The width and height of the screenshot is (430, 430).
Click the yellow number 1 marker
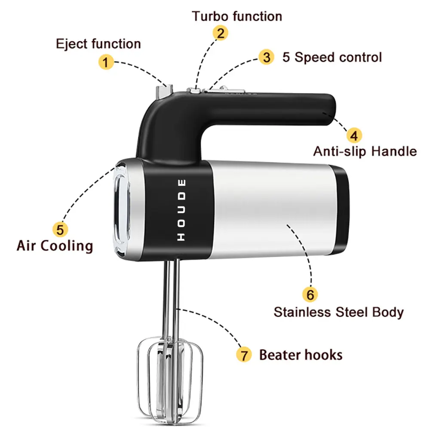(x=105, y=62)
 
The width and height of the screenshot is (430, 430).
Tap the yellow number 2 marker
(x=220, y=33)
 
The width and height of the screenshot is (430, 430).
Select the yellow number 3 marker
(x=267, y=57)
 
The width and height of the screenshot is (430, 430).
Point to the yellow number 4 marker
(x=354, y=135)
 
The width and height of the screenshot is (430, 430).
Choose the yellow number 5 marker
(x=60, y=229)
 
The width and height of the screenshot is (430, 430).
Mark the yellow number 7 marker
(x=244, y=355)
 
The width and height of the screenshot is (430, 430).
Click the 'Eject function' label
(x=98, y=44)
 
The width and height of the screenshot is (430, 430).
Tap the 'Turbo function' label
(x=237, y=17)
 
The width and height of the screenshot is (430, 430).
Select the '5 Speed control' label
(x=332, y=57)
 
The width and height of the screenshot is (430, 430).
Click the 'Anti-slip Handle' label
(x=365, y=151)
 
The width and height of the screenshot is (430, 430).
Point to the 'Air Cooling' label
(x=55, y=246)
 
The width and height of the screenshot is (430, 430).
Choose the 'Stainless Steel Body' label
(x=339, y=312)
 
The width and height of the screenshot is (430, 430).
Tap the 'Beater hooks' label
(x=301, y=355)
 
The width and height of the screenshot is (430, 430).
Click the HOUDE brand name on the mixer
(x=182, y=210)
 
